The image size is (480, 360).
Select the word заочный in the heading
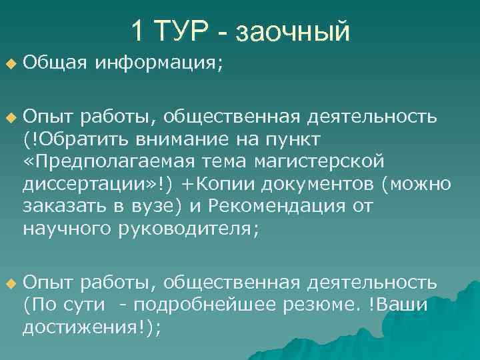pos(293,31)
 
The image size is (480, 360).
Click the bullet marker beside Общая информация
pos(9,64)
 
